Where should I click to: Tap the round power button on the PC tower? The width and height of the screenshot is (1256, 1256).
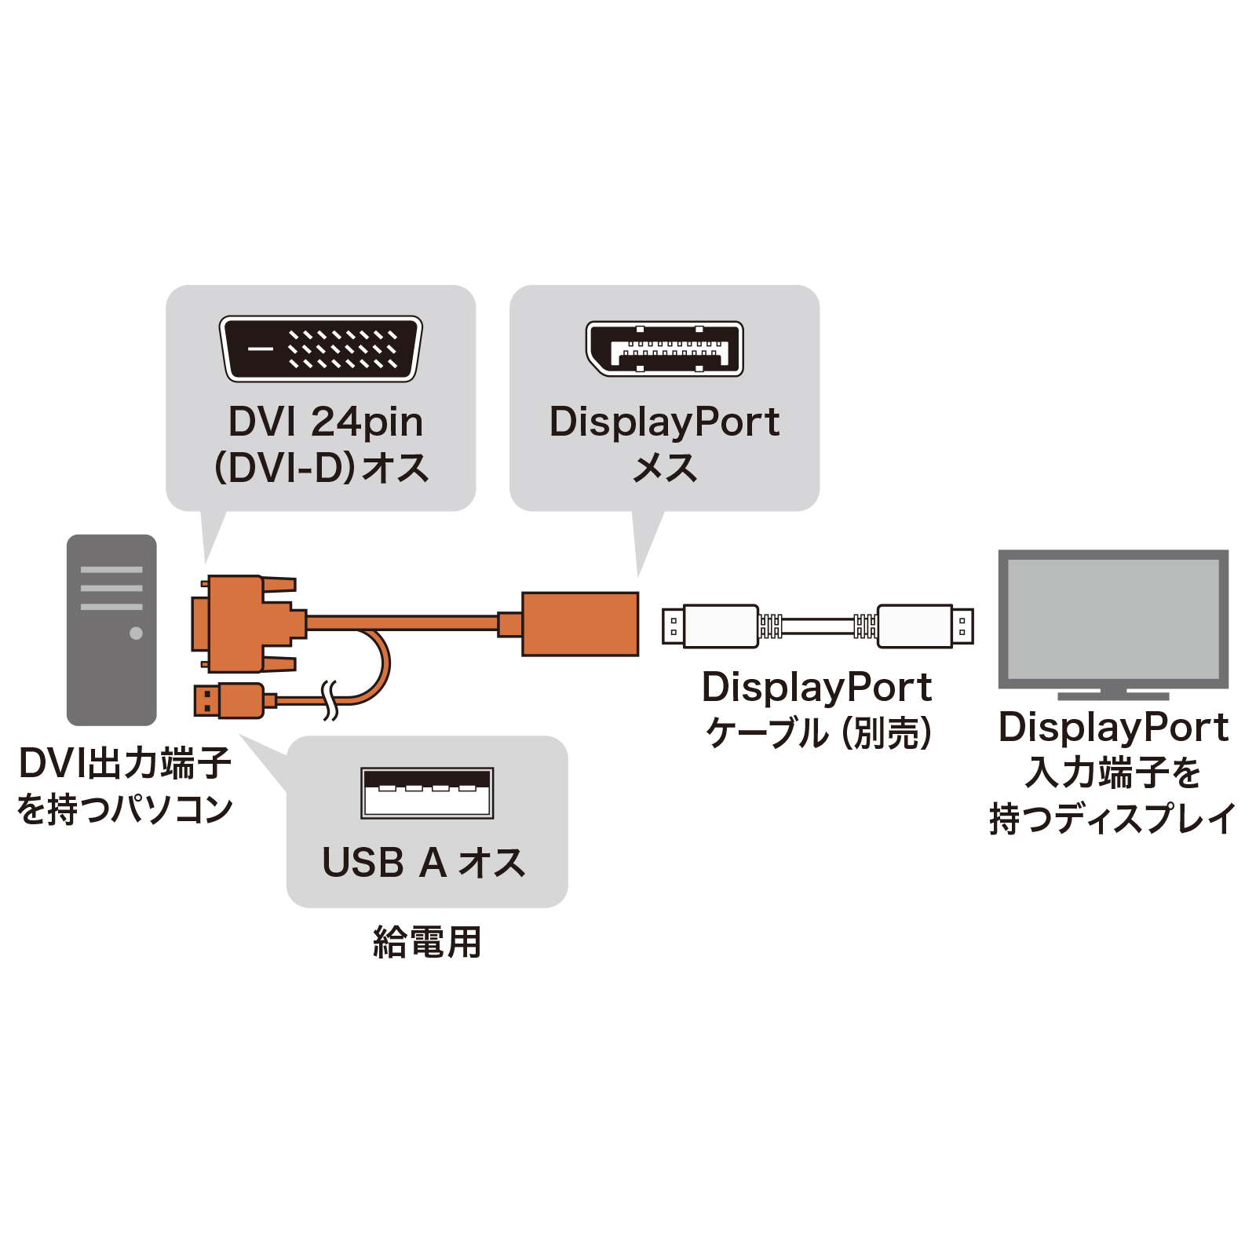(136, 633)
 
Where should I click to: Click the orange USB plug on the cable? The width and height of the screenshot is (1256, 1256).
(232, 700)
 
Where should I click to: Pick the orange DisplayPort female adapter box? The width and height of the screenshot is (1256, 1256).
(580, 624)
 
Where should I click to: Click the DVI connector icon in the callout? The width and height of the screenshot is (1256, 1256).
(320, 349)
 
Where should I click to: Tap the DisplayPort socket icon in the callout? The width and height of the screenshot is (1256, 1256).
(664, 349)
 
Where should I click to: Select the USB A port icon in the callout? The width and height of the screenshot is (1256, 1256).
(427, 793)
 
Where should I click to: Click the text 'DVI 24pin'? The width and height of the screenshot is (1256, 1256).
(325, 422)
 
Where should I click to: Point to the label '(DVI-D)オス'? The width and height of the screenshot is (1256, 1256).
(322, 468)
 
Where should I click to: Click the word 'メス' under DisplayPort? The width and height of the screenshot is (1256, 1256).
(665, 469)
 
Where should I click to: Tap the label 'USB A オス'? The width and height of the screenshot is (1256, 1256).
(424, 863)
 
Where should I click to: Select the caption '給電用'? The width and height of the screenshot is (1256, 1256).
(427, 942)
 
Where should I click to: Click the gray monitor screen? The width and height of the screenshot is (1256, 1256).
(1112, 619)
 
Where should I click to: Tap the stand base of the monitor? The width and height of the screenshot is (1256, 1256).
(1113, 696)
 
